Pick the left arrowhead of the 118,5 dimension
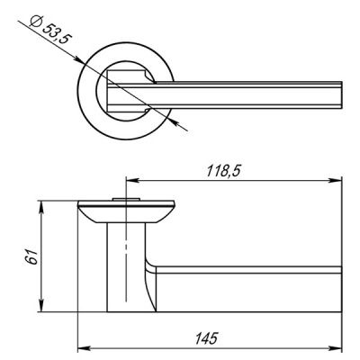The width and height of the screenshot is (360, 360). [128, 177]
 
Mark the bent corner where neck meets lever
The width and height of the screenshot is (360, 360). [149, 265]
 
